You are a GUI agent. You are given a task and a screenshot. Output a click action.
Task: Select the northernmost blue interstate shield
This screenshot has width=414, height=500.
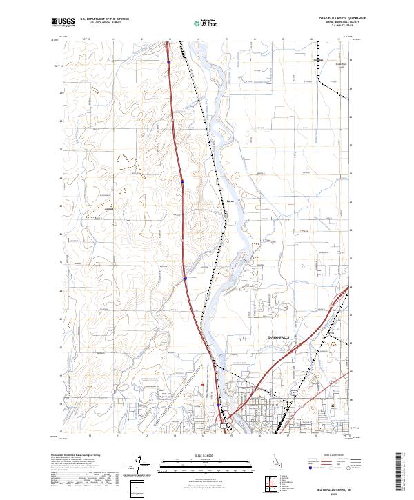click(168, 61)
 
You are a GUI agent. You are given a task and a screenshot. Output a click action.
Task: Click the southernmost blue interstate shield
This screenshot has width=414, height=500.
click(221, 406)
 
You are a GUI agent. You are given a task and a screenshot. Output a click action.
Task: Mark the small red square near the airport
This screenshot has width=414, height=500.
click(201, 385)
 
